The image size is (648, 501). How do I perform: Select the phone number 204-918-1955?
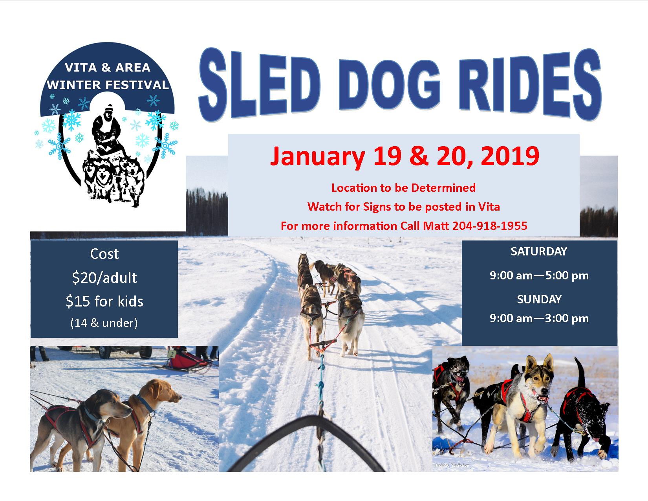point(490,226)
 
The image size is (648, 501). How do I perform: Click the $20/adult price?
point(104,278)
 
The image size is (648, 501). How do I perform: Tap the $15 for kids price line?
point(104,301)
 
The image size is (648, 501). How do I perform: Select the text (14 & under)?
point(104,323)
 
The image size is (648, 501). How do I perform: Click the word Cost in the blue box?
point(104,254)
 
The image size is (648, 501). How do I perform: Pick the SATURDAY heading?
point(539,251)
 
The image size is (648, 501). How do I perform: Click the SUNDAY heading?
point(539,299)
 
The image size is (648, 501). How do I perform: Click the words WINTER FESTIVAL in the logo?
point(108,85)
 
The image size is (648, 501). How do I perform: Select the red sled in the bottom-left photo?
point(187,360)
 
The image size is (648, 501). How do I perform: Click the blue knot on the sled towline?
point(320,386)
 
